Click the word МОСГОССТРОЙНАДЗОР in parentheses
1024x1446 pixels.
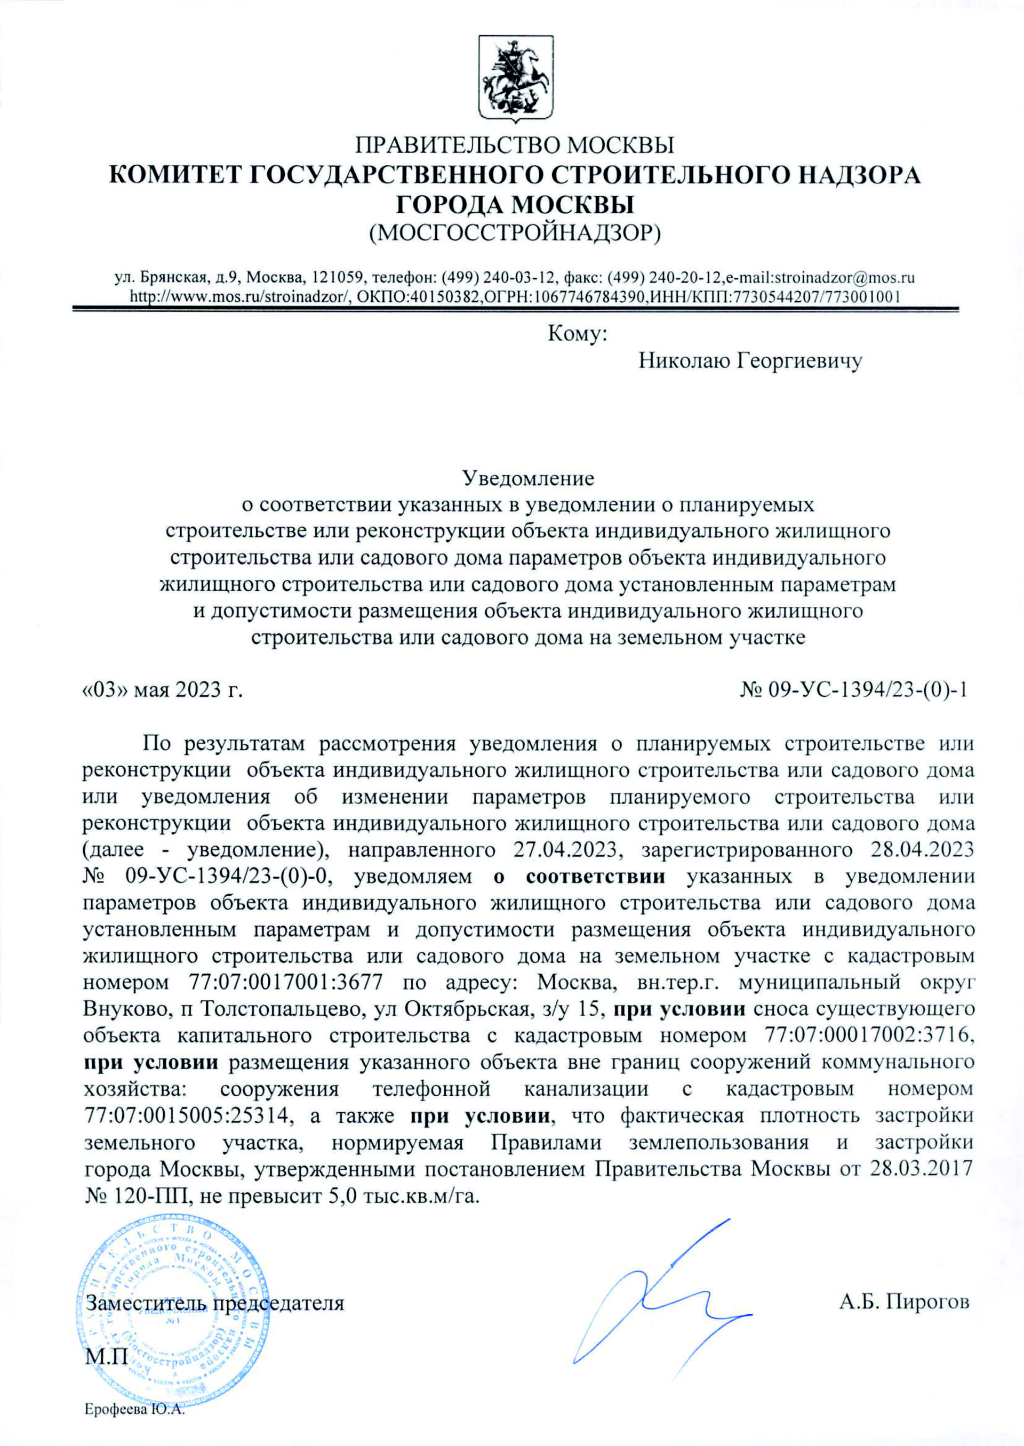(515, 234)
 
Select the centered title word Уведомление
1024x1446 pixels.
(529, 478)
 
